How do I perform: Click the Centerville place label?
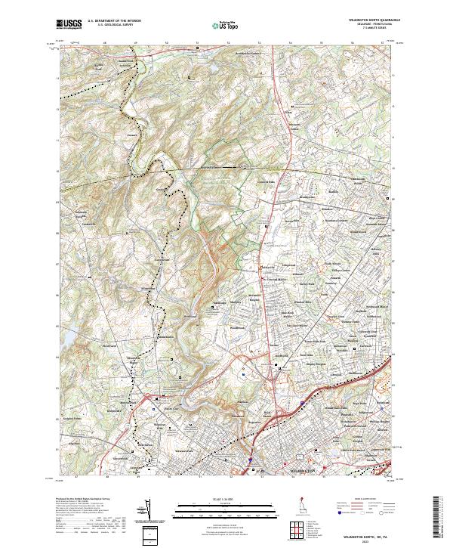pos(90,224)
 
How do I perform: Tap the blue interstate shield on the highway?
pos(250,458)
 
